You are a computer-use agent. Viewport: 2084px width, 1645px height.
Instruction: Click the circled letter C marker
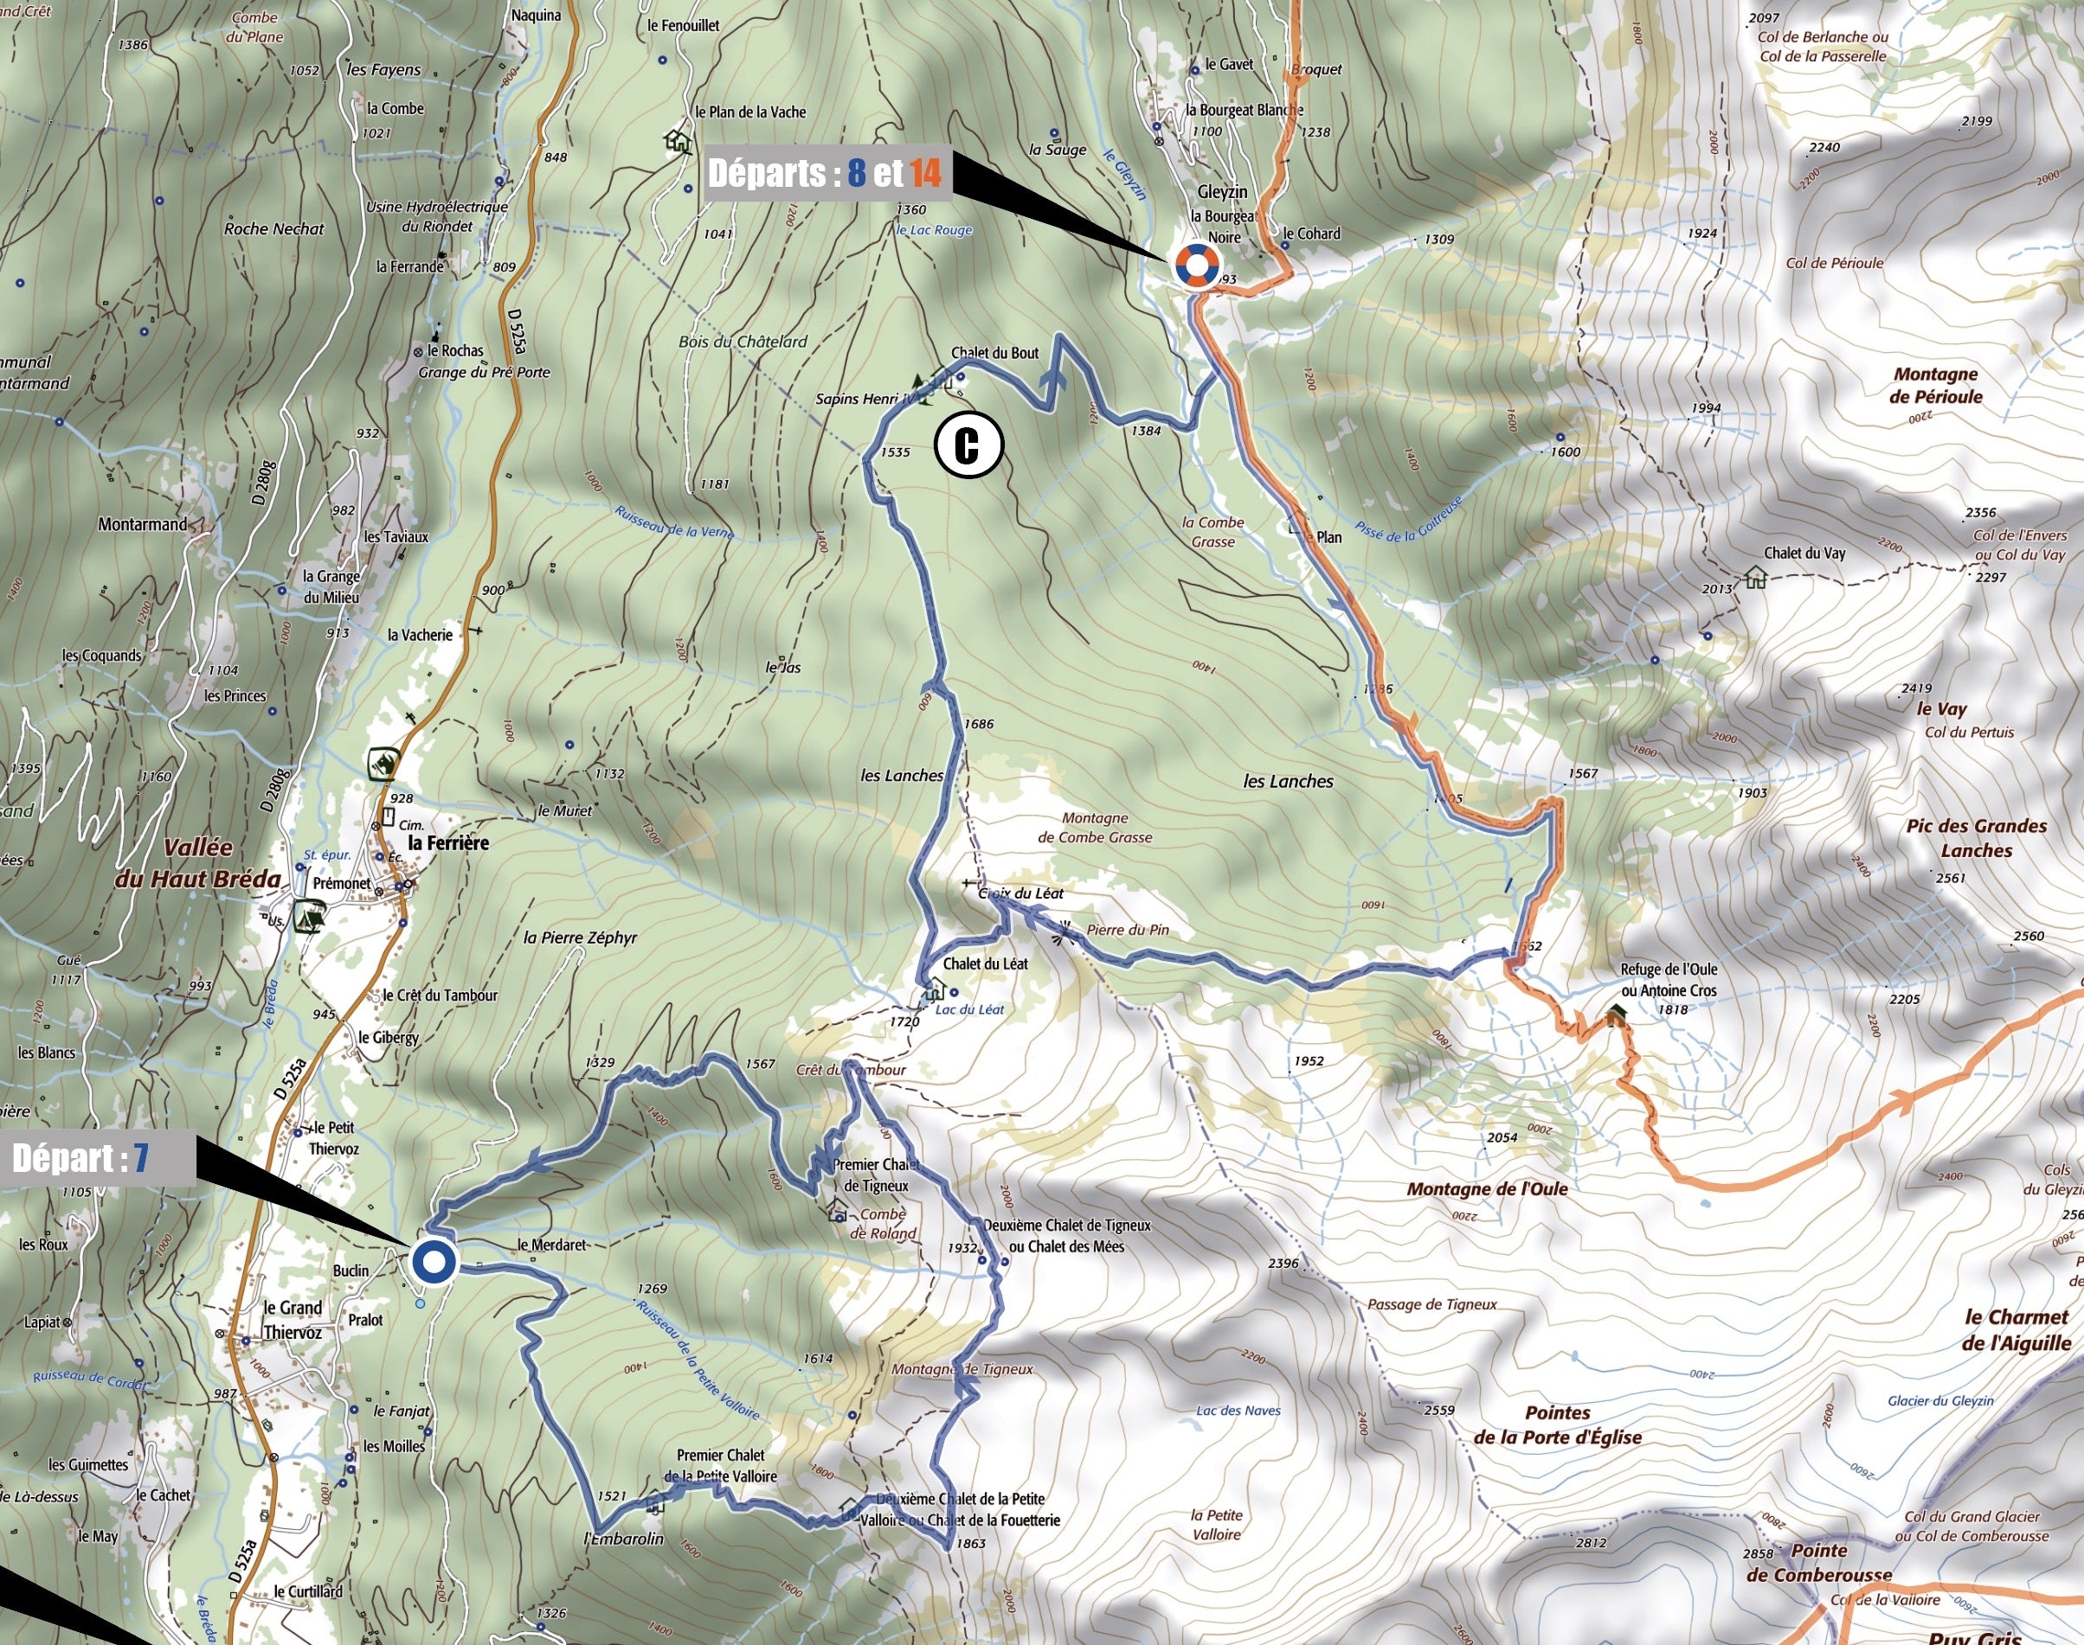click(x=968, y=445)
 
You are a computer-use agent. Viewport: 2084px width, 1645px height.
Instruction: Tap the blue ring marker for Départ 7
click(x=434, y=1261)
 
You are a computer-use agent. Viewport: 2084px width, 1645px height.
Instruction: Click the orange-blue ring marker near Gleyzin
click(x=1194, y=265)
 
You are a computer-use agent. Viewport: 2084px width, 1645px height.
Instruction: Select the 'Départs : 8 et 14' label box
click(x=827, y=173)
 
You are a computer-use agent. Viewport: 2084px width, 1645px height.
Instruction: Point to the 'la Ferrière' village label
click(x=448, y=842)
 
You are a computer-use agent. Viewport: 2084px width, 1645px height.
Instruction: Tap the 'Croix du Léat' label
click(x=1021, y=893)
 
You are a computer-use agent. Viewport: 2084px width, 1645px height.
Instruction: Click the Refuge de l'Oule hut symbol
click(x=1616, y=1012)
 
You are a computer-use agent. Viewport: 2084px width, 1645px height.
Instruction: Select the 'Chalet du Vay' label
click(x=1804, y=553)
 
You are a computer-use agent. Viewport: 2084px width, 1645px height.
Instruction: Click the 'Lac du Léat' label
click(x=969, y=1009)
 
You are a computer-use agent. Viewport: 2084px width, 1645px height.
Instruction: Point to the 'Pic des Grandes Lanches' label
click(x=1975, y=838)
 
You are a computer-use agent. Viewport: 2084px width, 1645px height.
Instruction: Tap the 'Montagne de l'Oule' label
click(x=1487, y=1189)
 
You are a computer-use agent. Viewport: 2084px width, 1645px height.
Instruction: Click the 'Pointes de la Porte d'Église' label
click(x=1557, y=1425)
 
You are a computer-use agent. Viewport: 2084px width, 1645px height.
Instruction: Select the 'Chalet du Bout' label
click(x=994, y=353)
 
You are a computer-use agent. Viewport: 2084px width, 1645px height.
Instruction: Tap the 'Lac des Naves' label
click(x=1238, y=1411)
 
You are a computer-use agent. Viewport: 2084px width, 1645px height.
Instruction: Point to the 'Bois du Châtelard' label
click(x=742, y=342)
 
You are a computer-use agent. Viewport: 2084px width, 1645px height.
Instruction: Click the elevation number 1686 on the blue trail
click(x=978, y=724)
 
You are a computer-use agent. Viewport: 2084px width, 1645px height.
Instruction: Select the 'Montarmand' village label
click(x=143, y=525)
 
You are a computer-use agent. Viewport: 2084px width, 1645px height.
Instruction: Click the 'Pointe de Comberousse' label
click(x=1819, y=1563)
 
